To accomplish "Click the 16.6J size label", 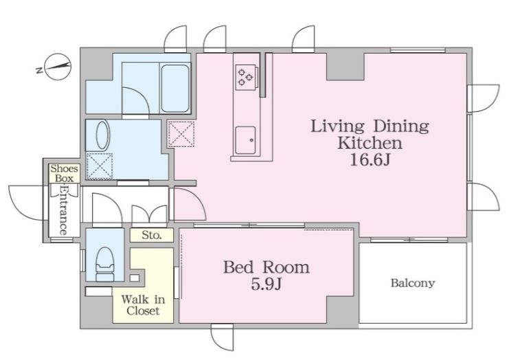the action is pos(370,160).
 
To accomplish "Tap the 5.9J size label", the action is pos(266,284).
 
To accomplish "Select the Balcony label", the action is pos(413,283).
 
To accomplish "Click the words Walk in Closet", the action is pos(143,305).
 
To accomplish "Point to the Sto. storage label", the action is pos(152,235).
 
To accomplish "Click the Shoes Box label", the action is pos(65,173).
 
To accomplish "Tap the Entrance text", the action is pos(63,210).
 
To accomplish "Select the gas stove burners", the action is pos(246,77).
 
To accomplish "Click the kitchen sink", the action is pos(245,140).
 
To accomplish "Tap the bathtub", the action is pos(175,88).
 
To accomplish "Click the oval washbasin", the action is pos(102,135).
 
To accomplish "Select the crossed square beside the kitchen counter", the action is pos(181,134).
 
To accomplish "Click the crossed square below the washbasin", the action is pos(99,166).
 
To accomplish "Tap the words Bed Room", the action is pos(266,267).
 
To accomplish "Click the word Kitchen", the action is pos(370,143).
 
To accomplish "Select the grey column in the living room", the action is pos(345,67).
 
